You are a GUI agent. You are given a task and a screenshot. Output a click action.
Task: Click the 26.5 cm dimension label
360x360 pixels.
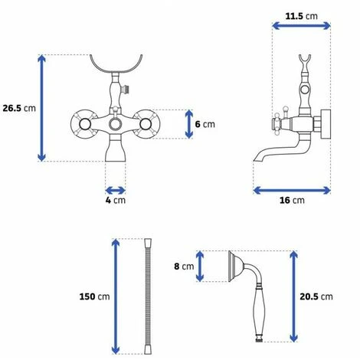pos(19,108)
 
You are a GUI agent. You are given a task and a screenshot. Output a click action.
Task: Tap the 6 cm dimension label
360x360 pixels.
pos(205,124)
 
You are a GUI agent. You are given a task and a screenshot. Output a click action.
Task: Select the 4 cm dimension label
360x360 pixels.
pos(116,200)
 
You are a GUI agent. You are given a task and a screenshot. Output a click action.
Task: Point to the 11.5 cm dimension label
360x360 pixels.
pos(302,16)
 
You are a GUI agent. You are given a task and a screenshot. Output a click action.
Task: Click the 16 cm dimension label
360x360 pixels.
pos(292,200)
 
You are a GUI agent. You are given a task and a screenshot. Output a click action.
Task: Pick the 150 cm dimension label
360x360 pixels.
pos(94,296)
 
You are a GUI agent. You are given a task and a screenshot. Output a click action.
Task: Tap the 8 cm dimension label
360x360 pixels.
pos(184,267)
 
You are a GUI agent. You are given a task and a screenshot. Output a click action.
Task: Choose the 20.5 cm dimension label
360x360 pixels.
pos(316,296)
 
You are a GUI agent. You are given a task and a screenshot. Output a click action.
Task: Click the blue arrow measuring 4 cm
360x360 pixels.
pos(116,191)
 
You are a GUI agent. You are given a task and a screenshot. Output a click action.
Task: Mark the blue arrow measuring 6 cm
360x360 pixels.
pos(189,124)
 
